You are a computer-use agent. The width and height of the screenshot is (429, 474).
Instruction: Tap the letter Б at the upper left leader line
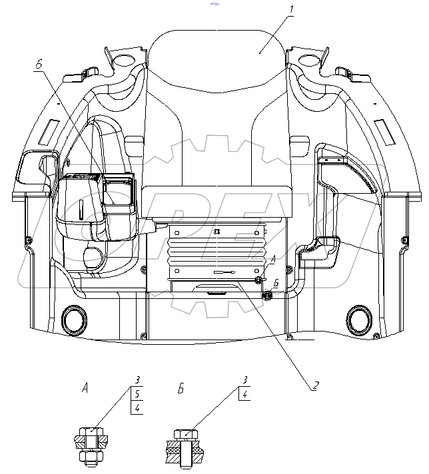click(39, 65)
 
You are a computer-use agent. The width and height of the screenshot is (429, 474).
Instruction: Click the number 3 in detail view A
click(136, 380)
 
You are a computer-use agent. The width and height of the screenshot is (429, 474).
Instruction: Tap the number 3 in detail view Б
click(246, 380)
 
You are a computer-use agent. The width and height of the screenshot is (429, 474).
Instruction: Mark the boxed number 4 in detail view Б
click(246, 393)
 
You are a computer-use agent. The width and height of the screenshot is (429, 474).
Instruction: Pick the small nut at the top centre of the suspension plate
click(216, 232)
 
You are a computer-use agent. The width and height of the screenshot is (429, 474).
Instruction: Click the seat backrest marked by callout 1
click(216, 100)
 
